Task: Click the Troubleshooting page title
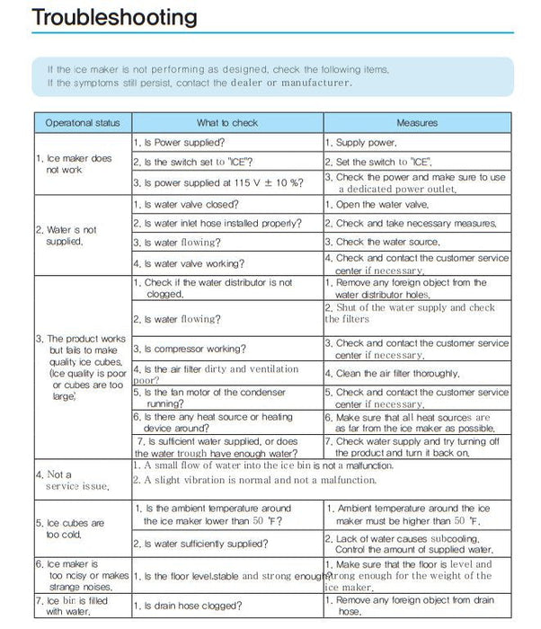114,19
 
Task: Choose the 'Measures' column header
417,122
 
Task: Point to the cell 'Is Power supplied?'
179,142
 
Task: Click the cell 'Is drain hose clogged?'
185,607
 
